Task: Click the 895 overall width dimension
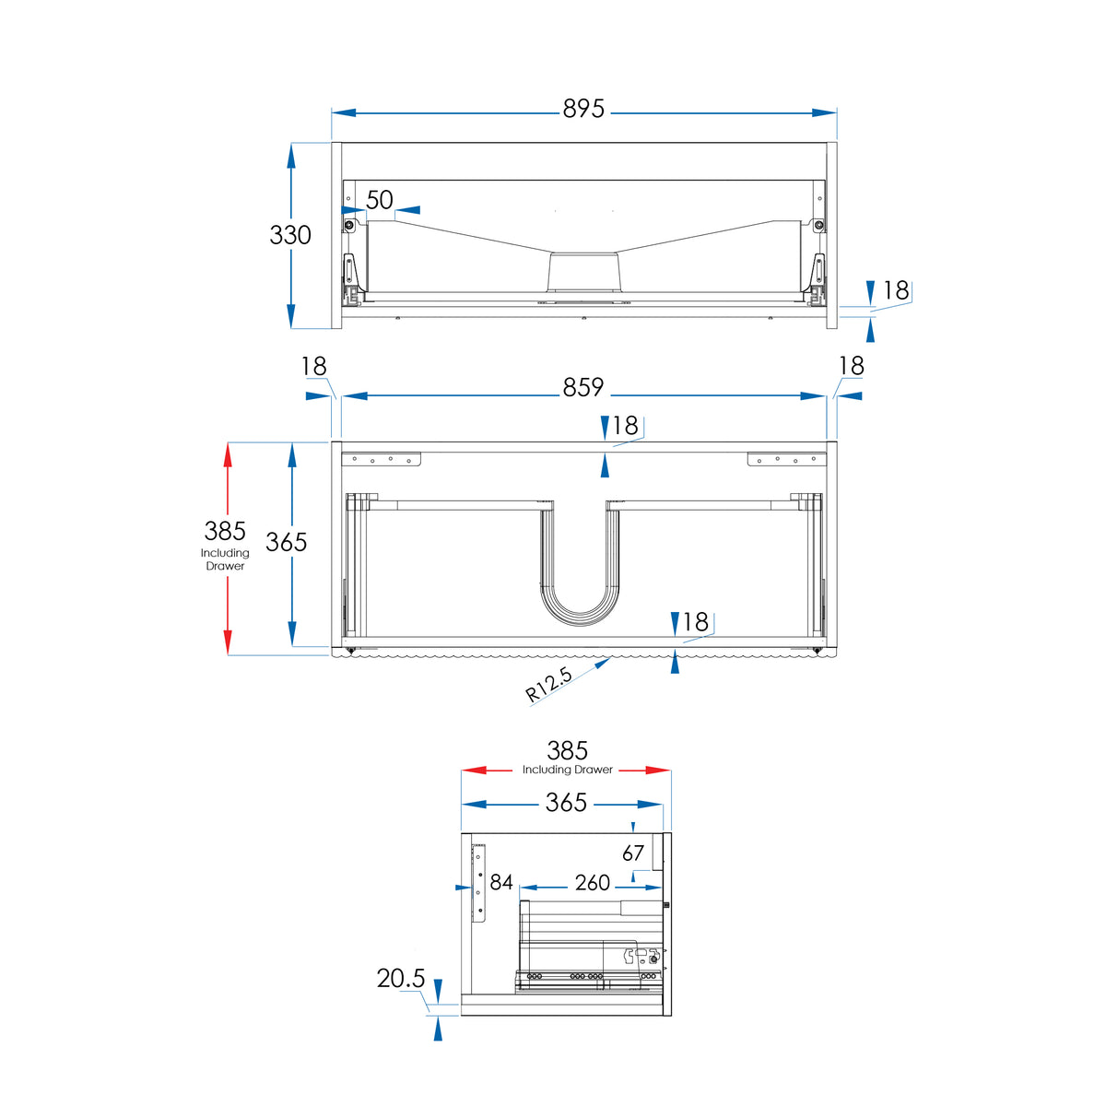(x=583, y=109)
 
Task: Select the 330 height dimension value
(x=290, y=235)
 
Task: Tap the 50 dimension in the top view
(x=380, y=200)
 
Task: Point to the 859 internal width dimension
(x=583, y=387)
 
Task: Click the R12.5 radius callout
(x=548, y=684)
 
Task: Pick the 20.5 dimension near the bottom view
(x=401, y=978)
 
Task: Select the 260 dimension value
(x=593, y=883)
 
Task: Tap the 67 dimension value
(x=633, y=853)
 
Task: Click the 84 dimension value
(x=501, y=882)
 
